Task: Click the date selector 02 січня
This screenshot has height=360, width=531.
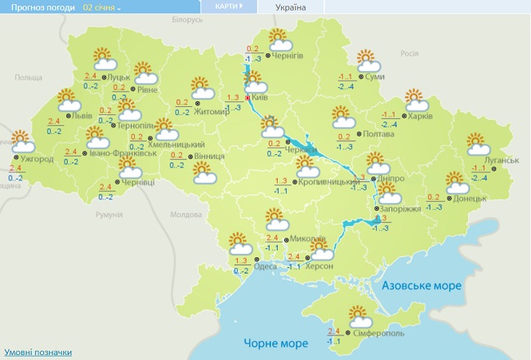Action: pos(101,7)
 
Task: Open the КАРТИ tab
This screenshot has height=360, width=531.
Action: pos(228,7)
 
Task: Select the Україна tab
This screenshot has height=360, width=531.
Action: pos(291,7)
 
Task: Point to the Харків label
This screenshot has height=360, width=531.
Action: pos(420,116)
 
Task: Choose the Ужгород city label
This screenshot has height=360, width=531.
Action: pos(38,158)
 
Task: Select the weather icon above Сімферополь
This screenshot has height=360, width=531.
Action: pos(359,314)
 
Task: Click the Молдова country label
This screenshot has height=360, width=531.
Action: pos(186,214)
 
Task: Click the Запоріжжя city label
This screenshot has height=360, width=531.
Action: pos(401,209)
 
